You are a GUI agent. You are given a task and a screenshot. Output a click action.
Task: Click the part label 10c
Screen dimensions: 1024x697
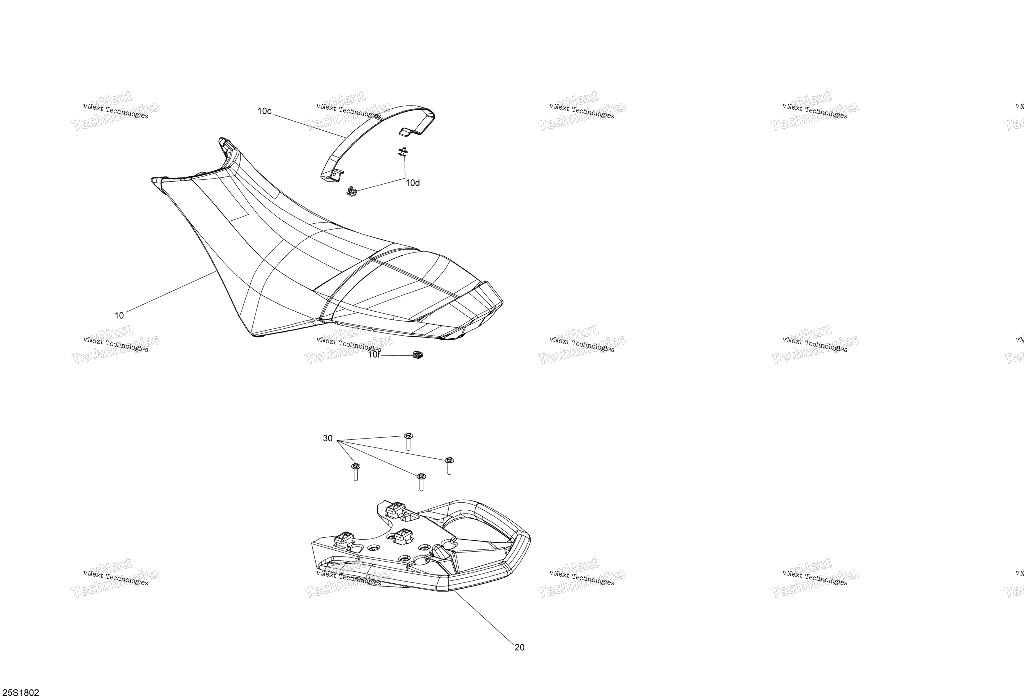point(264,111)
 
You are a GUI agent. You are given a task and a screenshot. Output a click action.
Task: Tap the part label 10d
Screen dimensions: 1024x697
point(412,183)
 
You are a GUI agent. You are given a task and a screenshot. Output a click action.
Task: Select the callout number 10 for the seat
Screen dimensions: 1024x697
point(119,315)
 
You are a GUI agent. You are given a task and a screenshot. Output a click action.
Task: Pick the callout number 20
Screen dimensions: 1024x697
point(520,647)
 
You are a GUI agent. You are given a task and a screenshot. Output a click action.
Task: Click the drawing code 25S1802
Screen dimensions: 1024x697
point(20,693)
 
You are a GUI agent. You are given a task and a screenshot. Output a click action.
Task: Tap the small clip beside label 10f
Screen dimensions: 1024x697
point(418,354)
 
